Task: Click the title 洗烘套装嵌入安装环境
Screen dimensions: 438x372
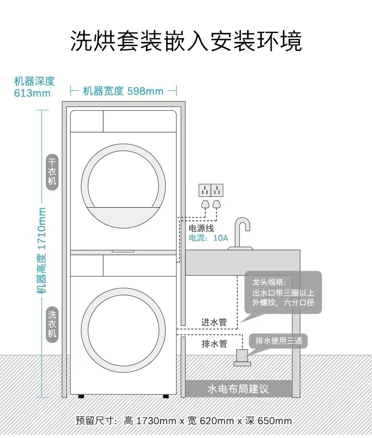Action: (186, 41)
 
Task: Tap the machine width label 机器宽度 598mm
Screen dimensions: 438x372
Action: (123, 91)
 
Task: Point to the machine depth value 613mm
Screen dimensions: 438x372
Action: (32, 93)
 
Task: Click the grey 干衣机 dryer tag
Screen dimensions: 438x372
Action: (52, 172)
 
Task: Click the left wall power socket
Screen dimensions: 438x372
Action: (205, 190)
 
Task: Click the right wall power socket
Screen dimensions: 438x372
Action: (217, 190)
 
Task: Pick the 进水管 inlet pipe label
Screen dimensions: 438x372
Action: (214, 323)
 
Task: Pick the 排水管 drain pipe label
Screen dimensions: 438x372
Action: (214, 344)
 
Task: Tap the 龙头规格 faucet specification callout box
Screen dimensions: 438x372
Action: (283, 292)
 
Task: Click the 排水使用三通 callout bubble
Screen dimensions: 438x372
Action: (279, 341)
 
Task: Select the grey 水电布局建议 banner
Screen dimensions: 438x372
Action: (238, 389)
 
